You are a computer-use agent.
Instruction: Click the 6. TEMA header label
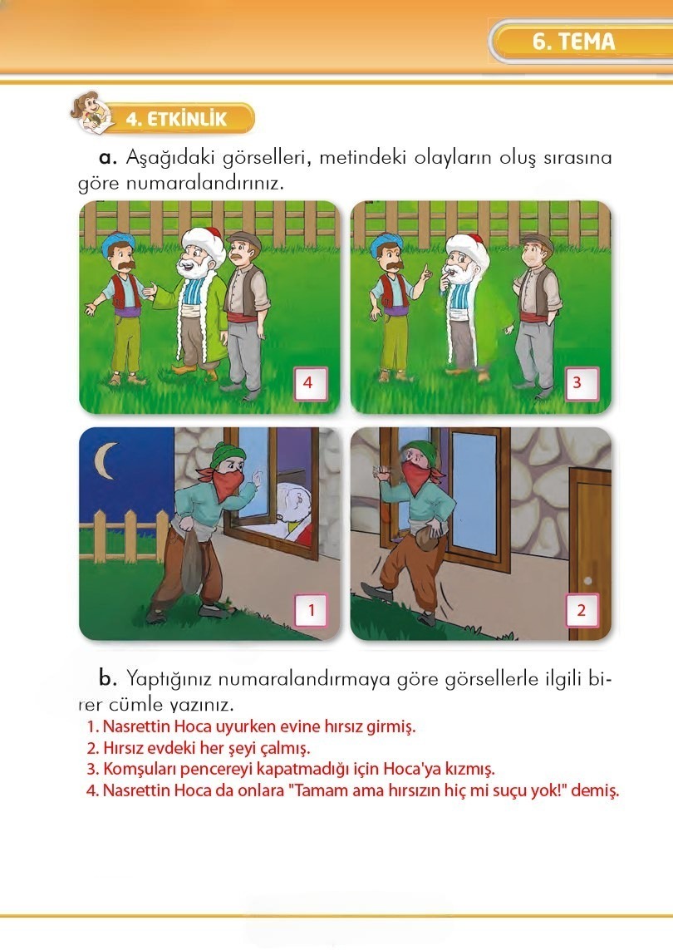[574, 42]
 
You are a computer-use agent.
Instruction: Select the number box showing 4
[308, 385]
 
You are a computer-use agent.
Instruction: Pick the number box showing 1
[312, 611]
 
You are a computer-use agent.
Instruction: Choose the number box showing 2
[581, 611]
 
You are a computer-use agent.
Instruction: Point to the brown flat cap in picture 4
[243, 240]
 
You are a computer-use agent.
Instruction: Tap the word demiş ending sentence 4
[599, 790]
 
